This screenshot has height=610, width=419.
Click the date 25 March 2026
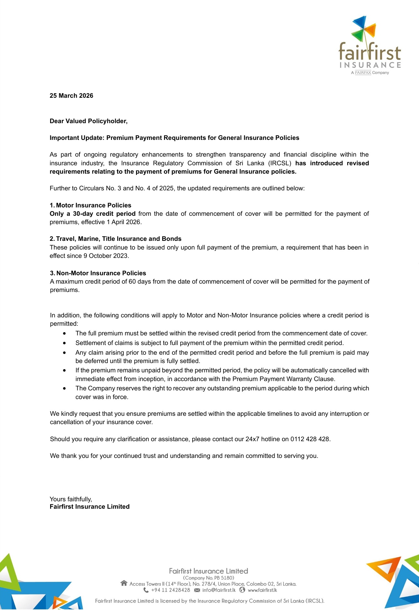point(71,96)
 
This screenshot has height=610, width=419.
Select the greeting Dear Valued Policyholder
point(88,121)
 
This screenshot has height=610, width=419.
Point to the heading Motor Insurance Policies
point(94,205)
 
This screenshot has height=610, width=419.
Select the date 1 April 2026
point(124,222)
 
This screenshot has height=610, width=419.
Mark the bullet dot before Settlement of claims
point(65,343)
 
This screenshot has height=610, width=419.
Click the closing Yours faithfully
point(71,499)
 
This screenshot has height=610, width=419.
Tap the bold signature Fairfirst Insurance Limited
point(89,506)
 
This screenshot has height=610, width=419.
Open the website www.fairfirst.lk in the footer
point(262,590)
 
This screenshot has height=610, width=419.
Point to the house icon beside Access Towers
point(124,583)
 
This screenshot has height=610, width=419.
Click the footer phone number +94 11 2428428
point(170,590)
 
